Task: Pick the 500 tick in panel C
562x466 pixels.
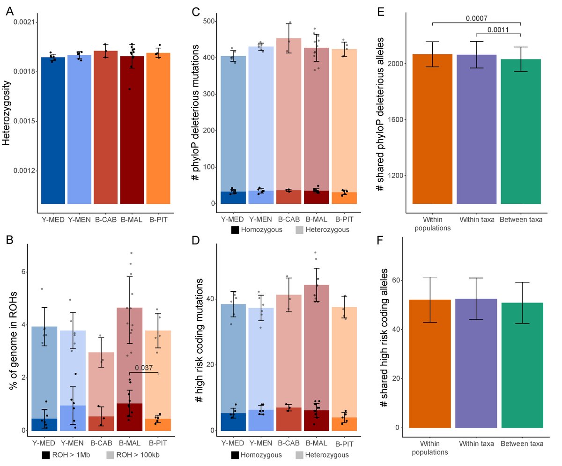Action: pos(208,21)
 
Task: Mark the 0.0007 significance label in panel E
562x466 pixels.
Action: pos(476,19)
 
